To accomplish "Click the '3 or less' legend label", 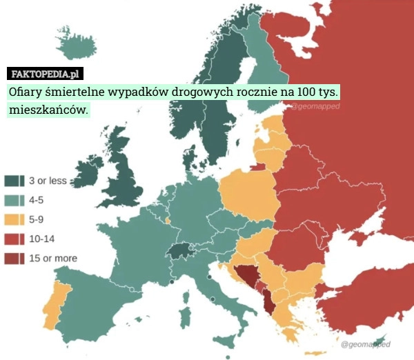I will tap(47, 181).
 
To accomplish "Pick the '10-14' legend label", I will tap(41, 239).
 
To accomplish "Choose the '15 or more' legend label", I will tap(52, 258).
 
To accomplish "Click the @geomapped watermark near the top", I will tap(315, 107).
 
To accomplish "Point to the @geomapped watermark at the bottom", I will tap(366, 343).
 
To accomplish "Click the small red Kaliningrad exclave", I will tap(257, 166).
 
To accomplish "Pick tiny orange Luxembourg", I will tap(168, 221).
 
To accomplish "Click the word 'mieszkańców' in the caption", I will tap(48, 109).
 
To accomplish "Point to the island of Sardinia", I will tap(184, 320).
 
